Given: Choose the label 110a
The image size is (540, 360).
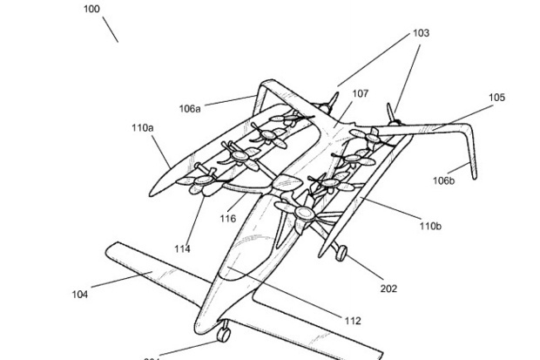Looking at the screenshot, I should (143, 128).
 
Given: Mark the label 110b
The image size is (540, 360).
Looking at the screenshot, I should (429, 227).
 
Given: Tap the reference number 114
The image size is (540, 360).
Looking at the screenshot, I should (181, 249).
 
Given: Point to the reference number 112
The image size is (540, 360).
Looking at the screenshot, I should (352, 321).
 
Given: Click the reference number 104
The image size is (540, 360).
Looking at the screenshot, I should (79, 295).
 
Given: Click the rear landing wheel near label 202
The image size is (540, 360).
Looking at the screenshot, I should (341, 253).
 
